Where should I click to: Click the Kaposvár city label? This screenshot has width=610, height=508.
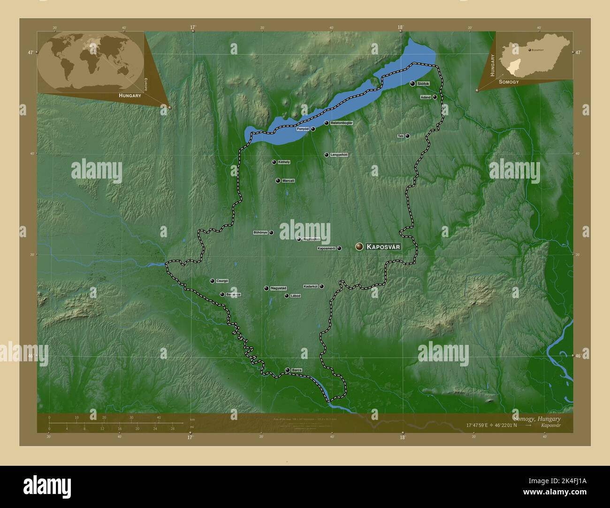383,247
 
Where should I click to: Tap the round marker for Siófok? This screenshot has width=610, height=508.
412,83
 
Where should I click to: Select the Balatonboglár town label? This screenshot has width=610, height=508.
342,123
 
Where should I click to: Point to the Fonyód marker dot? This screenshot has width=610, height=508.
313,129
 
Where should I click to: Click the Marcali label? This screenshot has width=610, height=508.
289,180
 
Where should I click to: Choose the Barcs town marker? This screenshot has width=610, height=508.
287,370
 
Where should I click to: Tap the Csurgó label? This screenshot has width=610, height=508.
222,281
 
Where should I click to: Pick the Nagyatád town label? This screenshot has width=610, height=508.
278,288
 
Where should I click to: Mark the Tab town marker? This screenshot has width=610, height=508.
407,136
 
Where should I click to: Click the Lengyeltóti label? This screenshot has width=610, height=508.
339,155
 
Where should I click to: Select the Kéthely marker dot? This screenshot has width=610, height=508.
274,162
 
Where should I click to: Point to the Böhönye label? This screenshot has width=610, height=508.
260,232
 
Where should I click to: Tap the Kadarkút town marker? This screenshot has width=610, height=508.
321,286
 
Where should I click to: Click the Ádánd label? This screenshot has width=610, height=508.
426,97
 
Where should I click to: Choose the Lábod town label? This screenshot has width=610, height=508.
295,296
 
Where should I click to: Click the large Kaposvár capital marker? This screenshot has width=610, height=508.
359,246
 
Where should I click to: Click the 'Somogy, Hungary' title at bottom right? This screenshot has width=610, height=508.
536,418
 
